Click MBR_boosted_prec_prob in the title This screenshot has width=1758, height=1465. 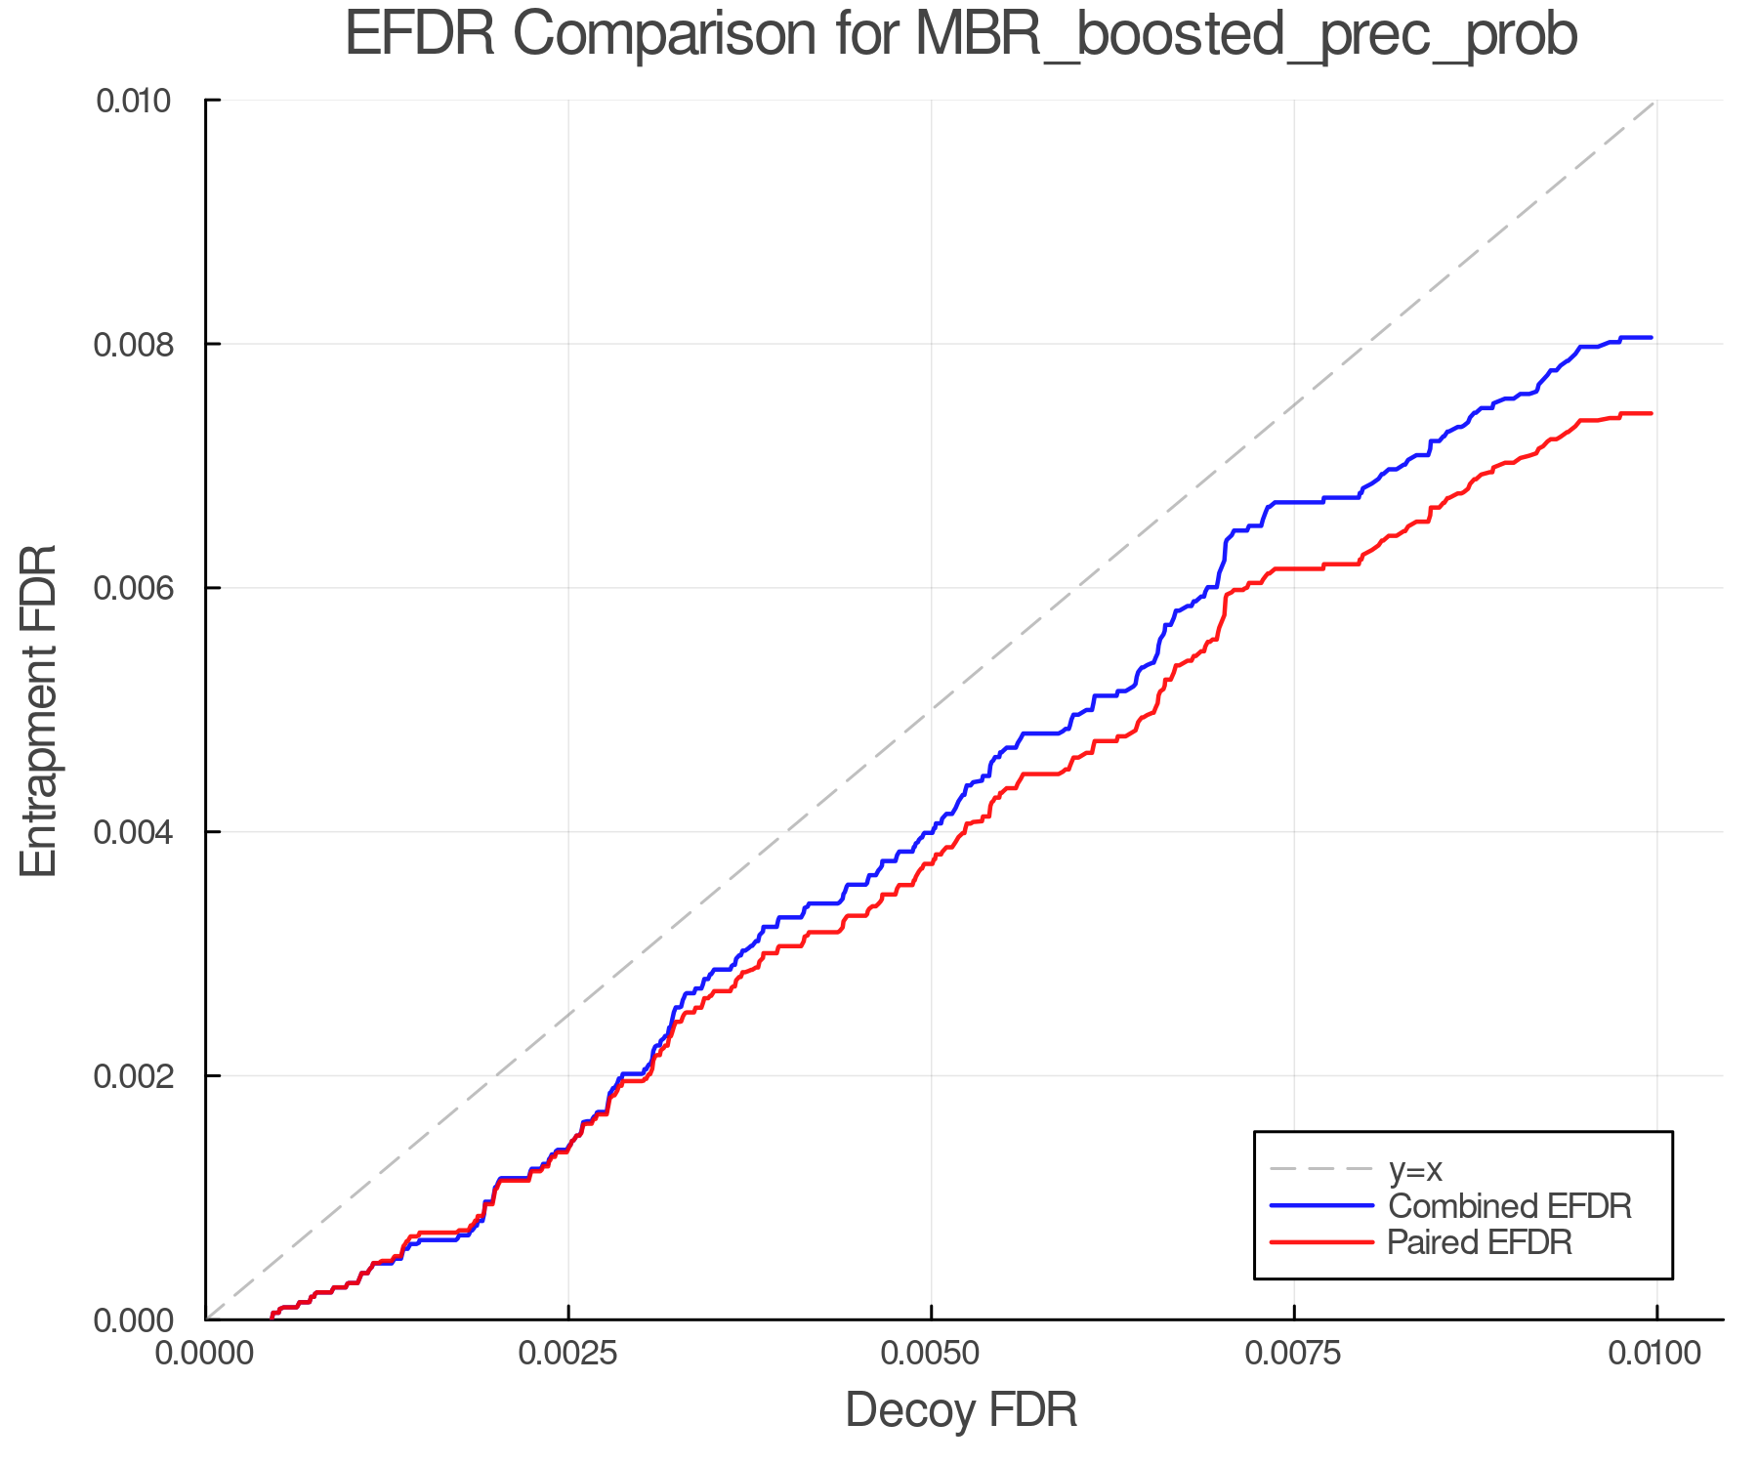coord(1246,37)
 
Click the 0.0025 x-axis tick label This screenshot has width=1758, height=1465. coord(568,1354)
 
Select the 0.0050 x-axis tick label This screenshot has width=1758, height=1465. coord(931,1354)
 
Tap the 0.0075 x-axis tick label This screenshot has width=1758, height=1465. coord(1294,1354)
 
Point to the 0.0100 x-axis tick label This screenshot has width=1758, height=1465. coord(1656,1354)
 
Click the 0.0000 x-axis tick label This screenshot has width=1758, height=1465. coord(206,1354)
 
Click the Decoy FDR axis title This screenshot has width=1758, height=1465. coord(961,1410)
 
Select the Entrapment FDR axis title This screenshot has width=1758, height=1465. coord(39,710)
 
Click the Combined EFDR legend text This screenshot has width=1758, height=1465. coord(1510,1206)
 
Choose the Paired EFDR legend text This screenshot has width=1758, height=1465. coord(1480,1242)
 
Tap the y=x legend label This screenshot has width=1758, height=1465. coord(1415,1169)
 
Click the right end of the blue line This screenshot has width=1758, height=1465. coord(1651,338)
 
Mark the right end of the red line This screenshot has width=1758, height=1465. coord(1651,414)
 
